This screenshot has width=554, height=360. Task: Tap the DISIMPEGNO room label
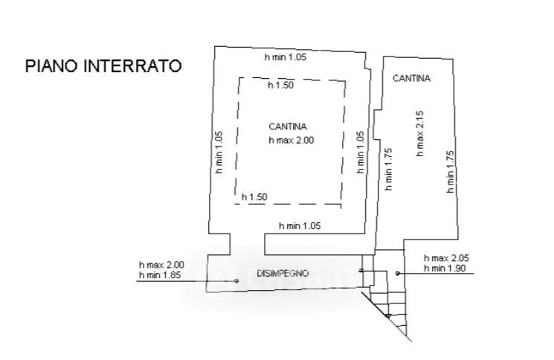click(283, 273)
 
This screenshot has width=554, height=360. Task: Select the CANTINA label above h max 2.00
click(288, 126)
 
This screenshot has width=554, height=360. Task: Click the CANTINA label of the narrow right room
click(412, 77)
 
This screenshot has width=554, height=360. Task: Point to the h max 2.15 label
click(419, 135)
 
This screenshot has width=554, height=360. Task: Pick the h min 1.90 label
click(444, 269)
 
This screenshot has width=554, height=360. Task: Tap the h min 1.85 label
click(161, 275)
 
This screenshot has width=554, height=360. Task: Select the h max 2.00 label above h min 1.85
click(161, 265)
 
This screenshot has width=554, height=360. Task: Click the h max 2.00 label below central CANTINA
click(292, 139)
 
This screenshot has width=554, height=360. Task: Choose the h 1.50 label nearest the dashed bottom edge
click(254, 197)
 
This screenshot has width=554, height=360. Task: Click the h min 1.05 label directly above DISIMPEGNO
click(299, 225)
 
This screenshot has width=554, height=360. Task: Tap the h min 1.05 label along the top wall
click(286, 57)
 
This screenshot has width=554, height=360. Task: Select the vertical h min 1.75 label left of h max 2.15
click(388, 170)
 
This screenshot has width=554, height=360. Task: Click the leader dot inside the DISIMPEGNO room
click(236, 281)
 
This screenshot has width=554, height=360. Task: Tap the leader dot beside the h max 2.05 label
click(398, 274)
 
